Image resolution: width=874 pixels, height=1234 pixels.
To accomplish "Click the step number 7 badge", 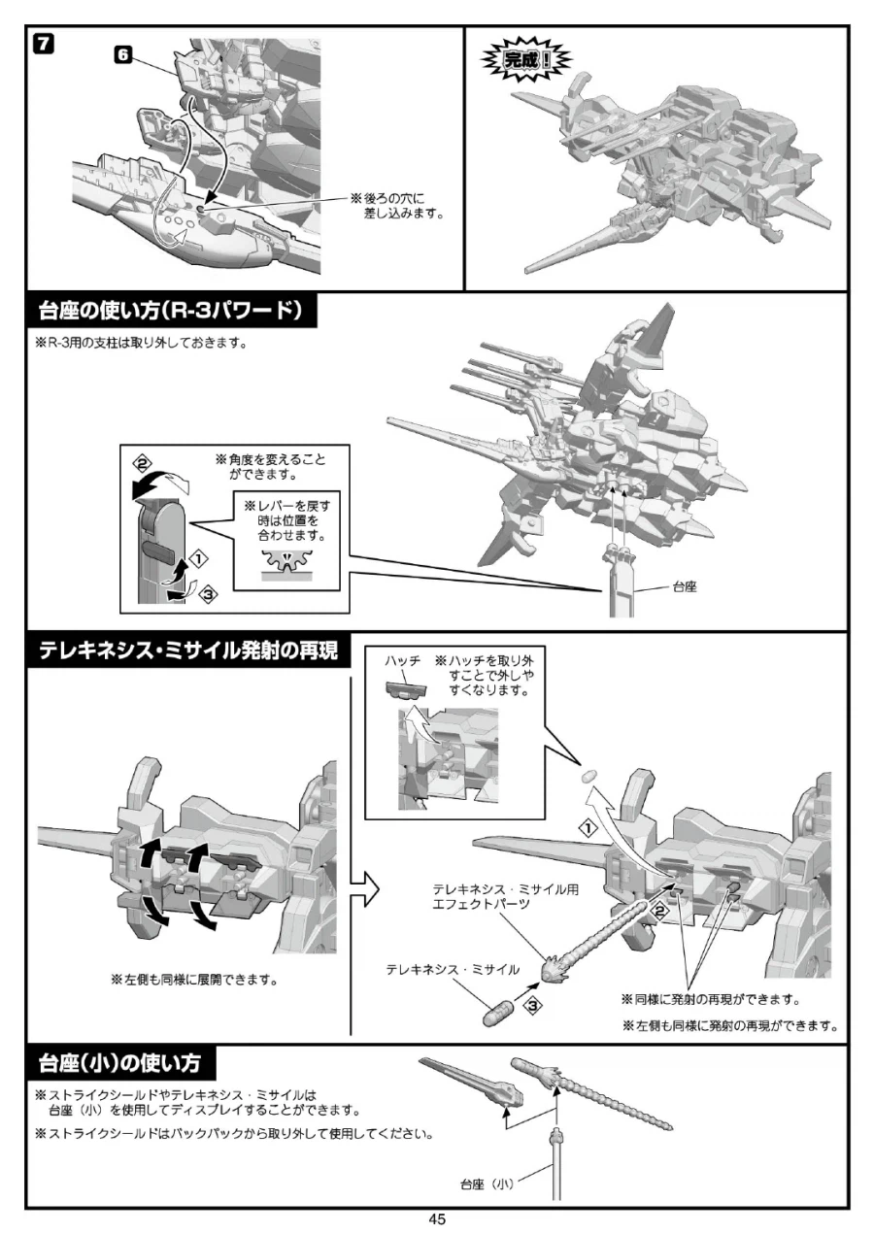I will click(x=44, y=44).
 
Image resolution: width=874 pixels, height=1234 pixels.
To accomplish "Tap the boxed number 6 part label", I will click(x=122, y=55).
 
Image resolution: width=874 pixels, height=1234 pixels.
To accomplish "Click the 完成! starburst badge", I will click(x=527, y=61).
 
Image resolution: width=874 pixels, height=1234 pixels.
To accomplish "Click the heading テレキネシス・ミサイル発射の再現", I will click(x=188, y=651).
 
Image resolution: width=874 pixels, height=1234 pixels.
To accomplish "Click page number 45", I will click(x=437, y=1219).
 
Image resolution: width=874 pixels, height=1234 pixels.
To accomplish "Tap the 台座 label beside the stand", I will click(x=686, y=587).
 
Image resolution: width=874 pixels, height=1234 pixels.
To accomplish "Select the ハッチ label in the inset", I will click(x=402, y=660).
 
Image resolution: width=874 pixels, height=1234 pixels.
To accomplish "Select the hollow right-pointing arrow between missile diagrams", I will click(x=362, y=884).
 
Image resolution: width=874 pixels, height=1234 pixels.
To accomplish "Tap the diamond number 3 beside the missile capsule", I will click(x=531, y=1007).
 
